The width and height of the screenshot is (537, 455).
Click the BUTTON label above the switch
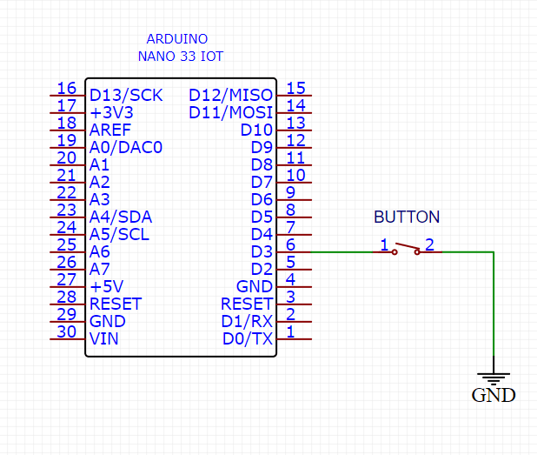coord(407,217)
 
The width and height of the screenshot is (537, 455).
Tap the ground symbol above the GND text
coord(494,378)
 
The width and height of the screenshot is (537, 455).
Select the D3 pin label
coord(262,252)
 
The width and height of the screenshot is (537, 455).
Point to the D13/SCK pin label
coord(126,95)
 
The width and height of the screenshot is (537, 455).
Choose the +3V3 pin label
coord(111,112)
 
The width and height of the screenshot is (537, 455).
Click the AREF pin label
coord(110,130)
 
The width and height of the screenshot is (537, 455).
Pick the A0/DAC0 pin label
coord(126,147)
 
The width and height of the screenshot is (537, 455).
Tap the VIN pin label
coord(104,339)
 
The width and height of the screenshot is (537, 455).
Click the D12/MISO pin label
coord(230,95)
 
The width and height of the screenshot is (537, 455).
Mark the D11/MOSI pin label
coord(230,112)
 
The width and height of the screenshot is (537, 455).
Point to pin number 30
coord(66,332)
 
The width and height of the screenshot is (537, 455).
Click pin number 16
coord(66,88)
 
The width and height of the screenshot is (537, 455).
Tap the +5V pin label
coord(107,286)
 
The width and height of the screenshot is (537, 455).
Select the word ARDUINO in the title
coord(176,39)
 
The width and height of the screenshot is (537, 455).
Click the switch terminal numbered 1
coord(382,245)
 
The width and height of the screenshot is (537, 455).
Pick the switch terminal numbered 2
coord(429,245)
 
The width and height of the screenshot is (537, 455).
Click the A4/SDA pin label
coord(120,217)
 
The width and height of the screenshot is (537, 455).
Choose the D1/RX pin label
coord(249,322)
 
